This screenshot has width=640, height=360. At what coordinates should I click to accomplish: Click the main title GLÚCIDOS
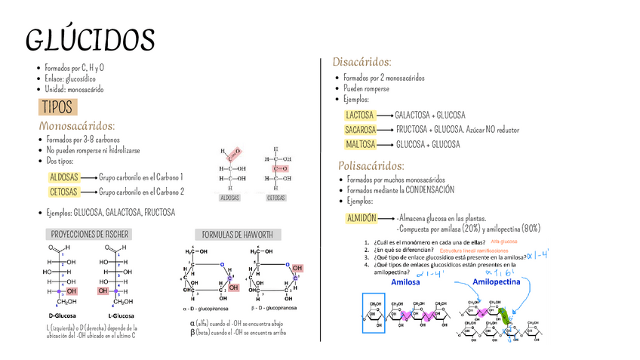coord(90,41)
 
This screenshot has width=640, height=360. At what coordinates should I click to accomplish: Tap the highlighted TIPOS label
coord(57,106)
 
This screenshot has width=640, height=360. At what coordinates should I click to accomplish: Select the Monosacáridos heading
coord(77,125)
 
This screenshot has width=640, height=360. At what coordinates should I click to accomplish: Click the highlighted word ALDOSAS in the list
coord(63,177)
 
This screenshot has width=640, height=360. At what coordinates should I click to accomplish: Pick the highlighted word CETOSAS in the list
coord(63,192)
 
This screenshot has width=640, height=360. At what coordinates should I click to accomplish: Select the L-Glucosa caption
coord(120,315)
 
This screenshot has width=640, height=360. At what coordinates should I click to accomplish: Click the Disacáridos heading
coord(362,61)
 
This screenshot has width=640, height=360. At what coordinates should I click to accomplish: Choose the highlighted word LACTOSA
coord(359,115)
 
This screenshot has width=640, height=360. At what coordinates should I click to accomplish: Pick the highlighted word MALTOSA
coord(360,144)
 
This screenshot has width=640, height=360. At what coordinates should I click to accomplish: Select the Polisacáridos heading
coord(371,165)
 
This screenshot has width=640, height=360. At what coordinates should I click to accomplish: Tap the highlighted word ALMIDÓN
coord(362,217)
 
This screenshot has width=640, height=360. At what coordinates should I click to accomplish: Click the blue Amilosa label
coord(406,282)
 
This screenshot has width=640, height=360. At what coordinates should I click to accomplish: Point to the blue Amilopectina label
coord(497,282)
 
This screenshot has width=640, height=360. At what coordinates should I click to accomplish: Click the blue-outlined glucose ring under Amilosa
coord(374,312)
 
